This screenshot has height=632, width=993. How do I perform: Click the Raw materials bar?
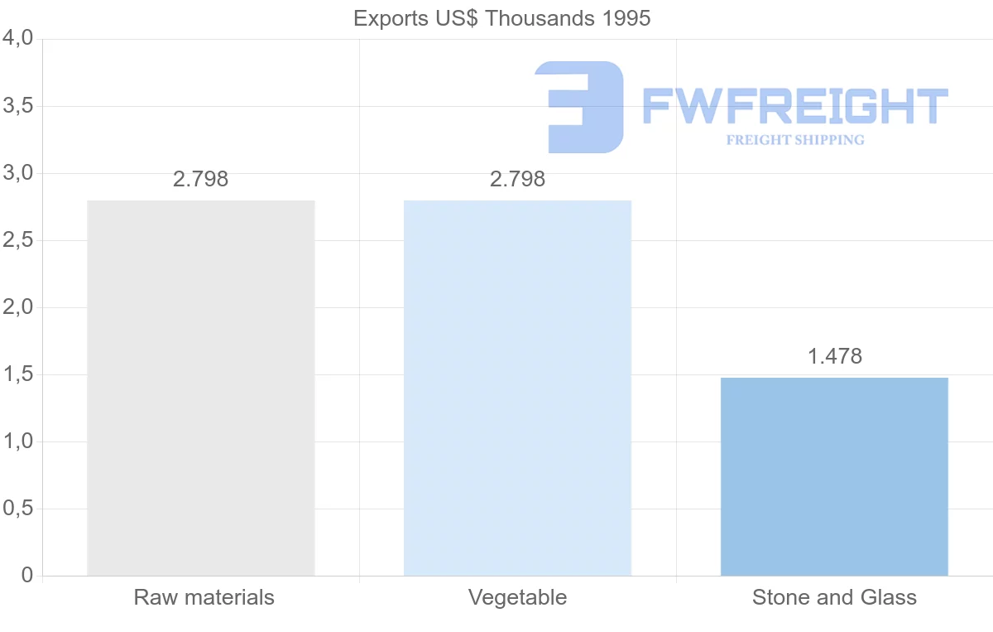201,388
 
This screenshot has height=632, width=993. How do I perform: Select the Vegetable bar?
517,388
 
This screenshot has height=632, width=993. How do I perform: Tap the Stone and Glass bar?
834,476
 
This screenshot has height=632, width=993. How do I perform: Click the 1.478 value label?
834,356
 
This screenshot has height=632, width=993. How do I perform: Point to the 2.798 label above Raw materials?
201,179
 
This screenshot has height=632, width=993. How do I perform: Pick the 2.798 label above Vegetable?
517,179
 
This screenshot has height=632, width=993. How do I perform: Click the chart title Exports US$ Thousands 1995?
501,18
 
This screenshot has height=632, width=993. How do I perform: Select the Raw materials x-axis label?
204,597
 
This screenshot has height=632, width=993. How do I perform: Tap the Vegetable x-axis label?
517,597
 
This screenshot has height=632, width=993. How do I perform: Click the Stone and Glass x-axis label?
834,597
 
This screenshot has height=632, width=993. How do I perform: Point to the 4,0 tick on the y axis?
17,39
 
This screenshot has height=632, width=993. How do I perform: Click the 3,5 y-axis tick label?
17,106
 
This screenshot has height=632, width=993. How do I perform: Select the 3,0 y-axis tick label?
17,173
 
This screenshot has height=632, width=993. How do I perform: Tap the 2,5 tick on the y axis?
17,240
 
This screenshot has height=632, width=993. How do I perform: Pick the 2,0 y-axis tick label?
17,307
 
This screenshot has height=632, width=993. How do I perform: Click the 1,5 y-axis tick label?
17,374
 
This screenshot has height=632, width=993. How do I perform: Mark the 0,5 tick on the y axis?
17,509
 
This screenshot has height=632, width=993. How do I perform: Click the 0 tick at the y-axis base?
26,576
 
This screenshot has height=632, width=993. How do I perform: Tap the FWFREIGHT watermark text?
794,106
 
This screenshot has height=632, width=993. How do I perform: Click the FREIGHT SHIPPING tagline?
794,140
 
